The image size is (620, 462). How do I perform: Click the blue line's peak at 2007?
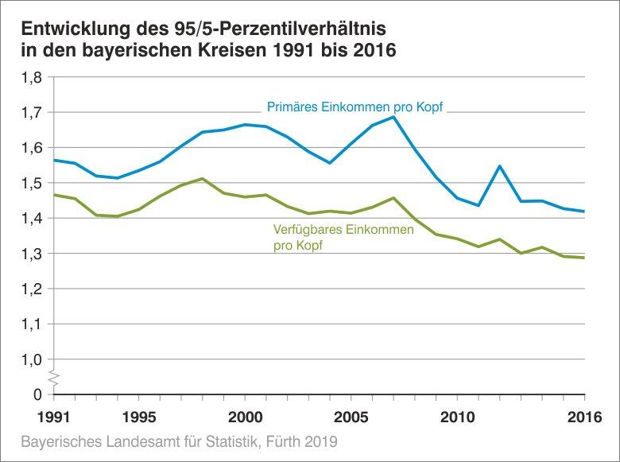click(394, 117)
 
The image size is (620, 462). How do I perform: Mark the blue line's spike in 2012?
click(500, 166)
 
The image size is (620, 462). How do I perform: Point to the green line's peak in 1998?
click(203, 178)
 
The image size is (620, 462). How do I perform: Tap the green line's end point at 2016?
click(584, 258)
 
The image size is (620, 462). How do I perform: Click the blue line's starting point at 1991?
click(54, 160)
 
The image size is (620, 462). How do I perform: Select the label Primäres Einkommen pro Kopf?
click(354, 107)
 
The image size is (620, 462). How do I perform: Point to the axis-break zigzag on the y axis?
click(53, 376)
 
